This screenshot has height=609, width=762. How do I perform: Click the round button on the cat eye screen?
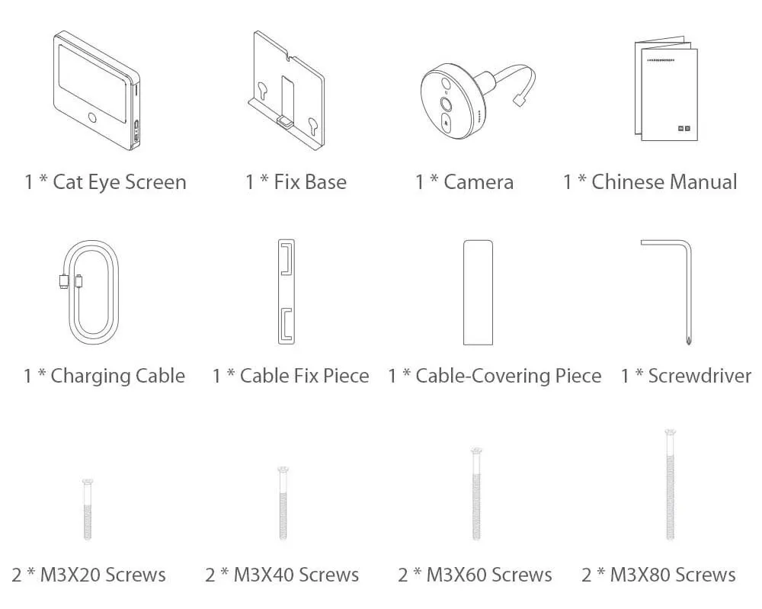point(92,117)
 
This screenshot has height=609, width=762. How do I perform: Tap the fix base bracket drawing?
point(286,91)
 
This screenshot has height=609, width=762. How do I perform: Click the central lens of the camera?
point(446,104)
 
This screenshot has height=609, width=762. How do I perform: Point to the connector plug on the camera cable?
point(518,100)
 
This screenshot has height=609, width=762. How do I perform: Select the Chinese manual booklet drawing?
point(666,88)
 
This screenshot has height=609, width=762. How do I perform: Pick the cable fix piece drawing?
point(287,292)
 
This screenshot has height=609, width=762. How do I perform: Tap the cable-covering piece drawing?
point(478,292)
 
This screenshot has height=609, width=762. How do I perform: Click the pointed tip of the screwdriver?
point(688,343)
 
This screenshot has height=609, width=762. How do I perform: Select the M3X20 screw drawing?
point(88,509)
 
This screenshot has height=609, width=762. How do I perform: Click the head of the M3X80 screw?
point(671,432)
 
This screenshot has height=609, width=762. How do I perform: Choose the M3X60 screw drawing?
point(477,493)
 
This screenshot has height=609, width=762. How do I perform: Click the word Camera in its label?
point(479,182)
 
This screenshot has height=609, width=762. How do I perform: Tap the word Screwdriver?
point(700,376)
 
